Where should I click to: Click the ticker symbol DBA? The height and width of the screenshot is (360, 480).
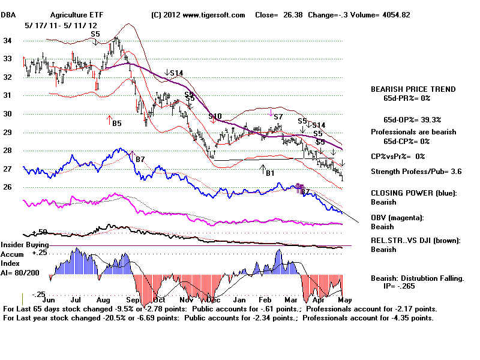point(8,14)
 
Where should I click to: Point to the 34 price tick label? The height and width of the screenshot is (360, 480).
point(8,41)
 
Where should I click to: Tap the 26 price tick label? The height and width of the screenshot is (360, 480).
point(8,187)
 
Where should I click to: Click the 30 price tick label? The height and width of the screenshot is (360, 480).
point(8,114)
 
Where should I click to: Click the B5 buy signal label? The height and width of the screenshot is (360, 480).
point(116,123)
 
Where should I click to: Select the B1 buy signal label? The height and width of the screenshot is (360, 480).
point(270,173)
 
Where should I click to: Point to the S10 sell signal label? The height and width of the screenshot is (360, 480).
point(215,116)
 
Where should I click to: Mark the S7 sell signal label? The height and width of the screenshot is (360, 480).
point(278,116)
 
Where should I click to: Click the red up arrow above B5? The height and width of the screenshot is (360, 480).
point(110,118)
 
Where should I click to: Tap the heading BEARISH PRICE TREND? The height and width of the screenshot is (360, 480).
point(413,89)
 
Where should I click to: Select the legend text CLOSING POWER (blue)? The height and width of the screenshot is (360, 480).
point(412,193)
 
